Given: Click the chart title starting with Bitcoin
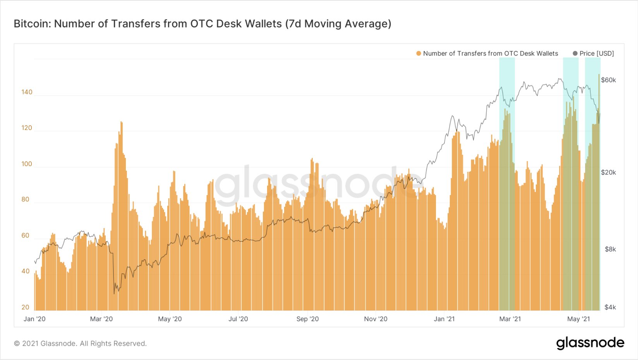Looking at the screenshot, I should click(202, 24).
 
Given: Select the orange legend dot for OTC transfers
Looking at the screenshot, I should click(418, 53).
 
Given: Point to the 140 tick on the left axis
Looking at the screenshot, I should click(27, 92).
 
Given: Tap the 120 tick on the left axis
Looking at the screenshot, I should click(27, 128).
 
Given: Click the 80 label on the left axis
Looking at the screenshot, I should click(26, 199).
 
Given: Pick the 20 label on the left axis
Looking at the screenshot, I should click(26, 307).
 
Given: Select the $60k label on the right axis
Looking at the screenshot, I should click(608, 80).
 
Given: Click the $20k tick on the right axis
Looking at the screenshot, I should click(608, 172).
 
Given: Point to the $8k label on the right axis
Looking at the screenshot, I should click(610, 249).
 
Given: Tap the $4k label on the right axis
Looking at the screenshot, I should click(610, 307).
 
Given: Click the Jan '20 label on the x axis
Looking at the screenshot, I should click(34, 319).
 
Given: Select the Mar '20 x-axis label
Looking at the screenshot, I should click(101, 319).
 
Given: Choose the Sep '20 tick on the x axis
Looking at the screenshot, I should click(307, 319).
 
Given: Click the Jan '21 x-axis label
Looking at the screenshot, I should click(444, 319).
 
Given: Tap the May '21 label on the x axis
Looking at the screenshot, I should click(578, 319).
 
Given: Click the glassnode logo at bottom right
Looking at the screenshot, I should click(590, 343).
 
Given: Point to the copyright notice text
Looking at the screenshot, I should click(81, 343).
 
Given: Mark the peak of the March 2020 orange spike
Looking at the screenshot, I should click(121, 122).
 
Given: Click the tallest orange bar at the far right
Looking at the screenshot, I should click(599, 75).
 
